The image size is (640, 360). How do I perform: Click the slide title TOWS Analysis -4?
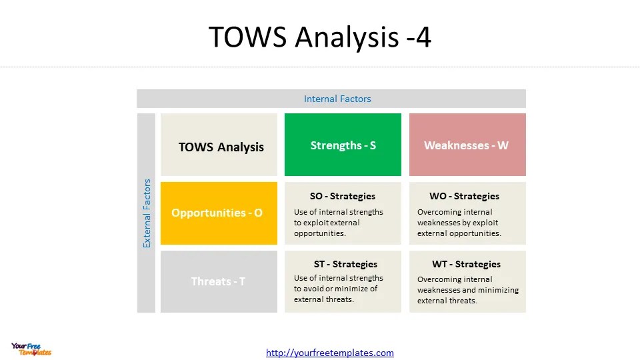pyautogui.click(x=319, y=37)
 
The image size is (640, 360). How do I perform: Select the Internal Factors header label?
pyautogui.click(x=337, y=99)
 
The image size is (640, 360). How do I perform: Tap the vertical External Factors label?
pyautogui.click(x=147, y=213)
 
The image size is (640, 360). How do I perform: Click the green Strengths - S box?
pyautogui.click(x=343, y=145)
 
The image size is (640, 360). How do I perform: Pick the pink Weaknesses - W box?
pyautogui.click(x=467, y=145)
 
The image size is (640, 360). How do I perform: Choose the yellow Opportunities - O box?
pyautogui.click(x=219, y=213)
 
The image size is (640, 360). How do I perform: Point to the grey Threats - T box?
pyautogui.click(x=219, y=281)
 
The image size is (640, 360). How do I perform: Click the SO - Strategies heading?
pyautogui.click(x=343, y=196)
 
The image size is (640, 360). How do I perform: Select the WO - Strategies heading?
pyautogui.click(x=464, y=196)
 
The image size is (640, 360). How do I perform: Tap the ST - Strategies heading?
pyautogui.click(x=345, y=264)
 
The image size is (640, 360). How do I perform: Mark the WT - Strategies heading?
pyautogui.click(x=466, y=264)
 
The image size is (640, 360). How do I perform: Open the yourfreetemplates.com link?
pyautogui.click(x=330, y=353)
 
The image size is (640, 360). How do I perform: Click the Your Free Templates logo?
pyautogui.click(x=31, y=349)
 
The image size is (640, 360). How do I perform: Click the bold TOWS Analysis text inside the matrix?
pyautogui.click(x=221, y=147)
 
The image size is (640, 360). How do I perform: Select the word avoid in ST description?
pyautogui.click(x=314, y=289)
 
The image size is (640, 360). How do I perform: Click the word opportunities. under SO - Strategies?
pyautogui.click(x=320, y=233)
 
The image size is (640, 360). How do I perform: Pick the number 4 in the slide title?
pyautogui.click(x=423, y=37)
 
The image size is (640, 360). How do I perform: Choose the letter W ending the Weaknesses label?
pyautogui.click(x=503, y=145)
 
